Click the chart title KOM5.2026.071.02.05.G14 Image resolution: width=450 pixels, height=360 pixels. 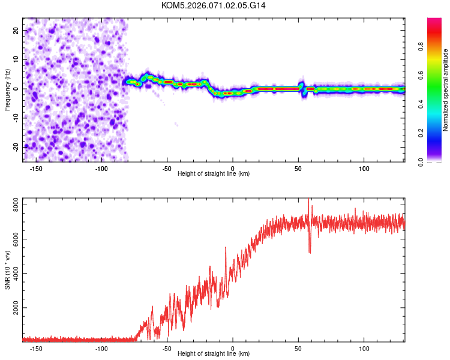coord(214,5)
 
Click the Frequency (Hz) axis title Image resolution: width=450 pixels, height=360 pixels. coord(7,89)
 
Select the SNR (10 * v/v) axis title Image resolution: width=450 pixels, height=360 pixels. coord(7,269)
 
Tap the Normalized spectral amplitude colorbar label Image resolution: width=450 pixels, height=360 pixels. coord(445,90)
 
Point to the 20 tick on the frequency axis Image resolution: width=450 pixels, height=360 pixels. coord(16,31)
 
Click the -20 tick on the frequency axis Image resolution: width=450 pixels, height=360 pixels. coord(15,146)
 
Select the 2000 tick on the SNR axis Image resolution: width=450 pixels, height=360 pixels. coord(13,308)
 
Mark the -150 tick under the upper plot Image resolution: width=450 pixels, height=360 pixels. coord(35,169)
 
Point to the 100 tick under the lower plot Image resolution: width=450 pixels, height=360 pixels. coord(364,349)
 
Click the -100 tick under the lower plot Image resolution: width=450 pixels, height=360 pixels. coord(101,349)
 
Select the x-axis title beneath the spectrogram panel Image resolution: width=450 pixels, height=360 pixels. coord(214,174)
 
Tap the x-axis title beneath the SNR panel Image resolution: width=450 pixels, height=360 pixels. coord(214,354)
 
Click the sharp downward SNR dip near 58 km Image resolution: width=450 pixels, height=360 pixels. coord(310,251)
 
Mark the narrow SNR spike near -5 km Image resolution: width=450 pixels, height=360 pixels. coord(226,248)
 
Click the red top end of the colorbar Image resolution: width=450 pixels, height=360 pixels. coord(434,22)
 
